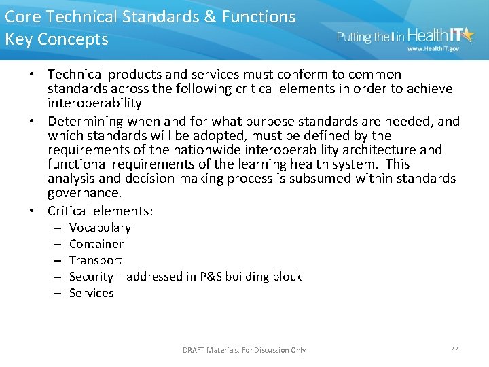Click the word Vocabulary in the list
click(x=100, y=228)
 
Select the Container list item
click(x=96, y=244)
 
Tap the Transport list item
click(x=96, y=260)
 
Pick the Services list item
click(x=92, y=293)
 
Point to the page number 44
click(x=455, y=350)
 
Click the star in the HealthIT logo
click(x=469, y=34)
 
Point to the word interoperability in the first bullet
click(x=94, y=103)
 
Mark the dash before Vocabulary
click(x=56, y=228)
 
